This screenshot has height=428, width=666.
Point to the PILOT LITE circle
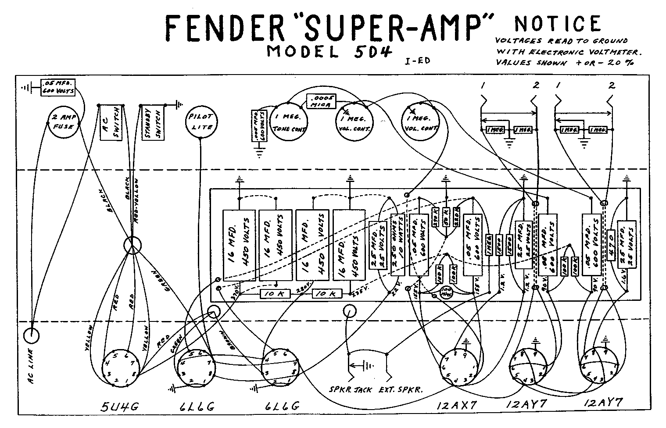201,121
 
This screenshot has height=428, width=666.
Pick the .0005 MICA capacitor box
321,101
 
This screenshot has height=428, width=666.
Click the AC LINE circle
31,336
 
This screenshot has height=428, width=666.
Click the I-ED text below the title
417,61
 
